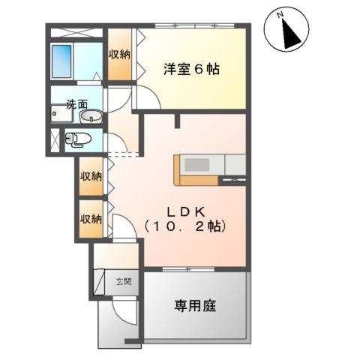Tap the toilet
(x=78, y=139)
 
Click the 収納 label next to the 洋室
(x=119, y=55)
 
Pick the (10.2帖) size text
(x=186, y=224)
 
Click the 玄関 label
(x=124, y=282)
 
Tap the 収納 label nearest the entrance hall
(x=91, y=219)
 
